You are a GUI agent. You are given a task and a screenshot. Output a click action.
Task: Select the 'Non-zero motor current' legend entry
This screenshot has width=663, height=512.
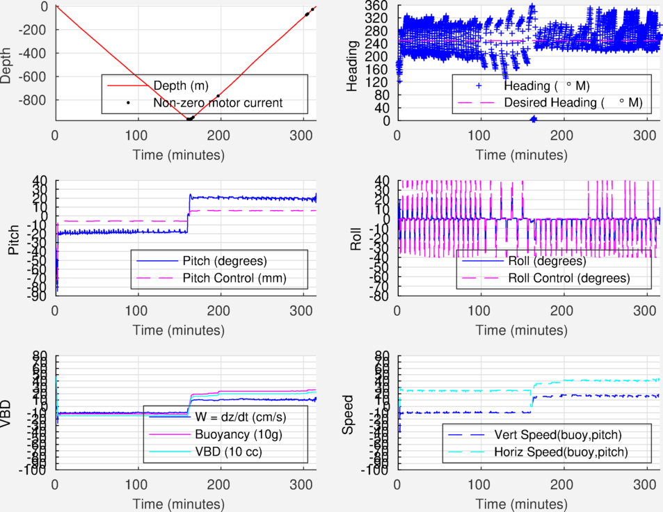point(218,103)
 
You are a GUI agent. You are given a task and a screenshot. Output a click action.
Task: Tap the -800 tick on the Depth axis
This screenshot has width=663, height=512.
point(33,99)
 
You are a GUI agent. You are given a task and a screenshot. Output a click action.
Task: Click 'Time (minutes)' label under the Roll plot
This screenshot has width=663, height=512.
point(528,329)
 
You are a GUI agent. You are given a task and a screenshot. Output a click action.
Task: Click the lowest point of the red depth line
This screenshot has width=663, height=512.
point(189,120)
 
